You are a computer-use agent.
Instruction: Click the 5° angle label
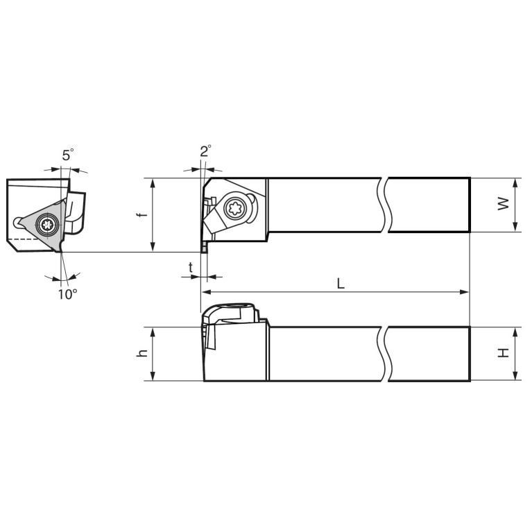[67, 155]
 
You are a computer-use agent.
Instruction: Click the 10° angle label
[67, 293]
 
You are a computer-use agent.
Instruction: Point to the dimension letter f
[143, 214]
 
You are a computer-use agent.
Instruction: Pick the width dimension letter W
[504, 203]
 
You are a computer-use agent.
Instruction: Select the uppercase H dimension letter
[504, 352]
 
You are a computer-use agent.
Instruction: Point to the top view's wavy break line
[384, 205]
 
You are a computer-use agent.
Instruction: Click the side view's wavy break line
[384, 354]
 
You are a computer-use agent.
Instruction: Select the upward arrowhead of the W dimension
[515, 182]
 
